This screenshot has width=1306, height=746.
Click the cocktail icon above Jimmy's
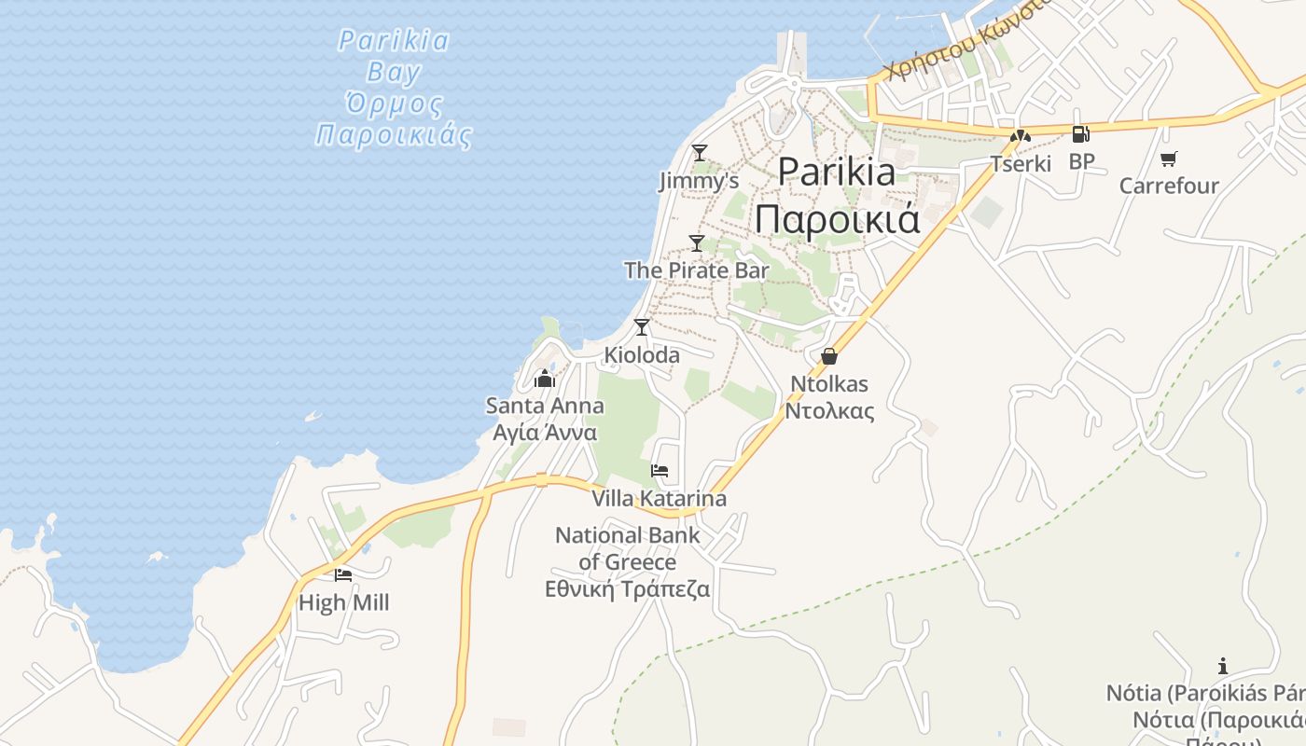699,152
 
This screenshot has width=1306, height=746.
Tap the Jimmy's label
699,180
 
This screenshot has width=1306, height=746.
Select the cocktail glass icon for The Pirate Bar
696,243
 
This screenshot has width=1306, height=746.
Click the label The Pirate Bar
696,270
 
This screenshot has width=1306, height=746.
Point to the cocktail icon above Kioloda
641,326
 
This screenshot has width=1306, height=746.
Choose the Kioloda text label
642,355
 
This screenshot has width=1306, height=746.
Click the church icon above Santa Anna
545,379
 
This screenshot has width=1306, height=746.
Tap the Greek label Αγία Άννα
545,434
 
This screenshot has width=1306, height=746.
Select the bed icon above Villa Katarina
660,470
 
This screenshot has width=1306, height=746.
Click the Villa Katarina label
659,499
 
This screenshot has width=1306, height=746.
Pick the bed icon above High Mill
343,574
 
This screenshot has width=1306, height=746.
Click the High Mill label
343,603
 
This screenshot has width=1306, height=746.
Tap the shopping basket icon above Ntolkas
828,356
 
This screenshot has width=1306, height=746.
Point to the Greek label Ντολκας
829,411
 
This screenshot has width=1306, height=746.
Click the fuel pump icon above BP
1080,134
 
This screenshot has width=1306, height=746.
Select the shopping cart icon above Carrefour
1169,158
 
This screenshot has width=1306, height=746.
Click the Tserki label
1021,164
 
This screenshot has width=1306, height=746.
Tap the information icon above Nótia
1222,666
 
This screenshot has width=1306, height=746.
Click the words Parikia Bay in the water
394,56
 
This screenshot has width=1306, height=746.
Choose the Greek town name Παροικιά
837,220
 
